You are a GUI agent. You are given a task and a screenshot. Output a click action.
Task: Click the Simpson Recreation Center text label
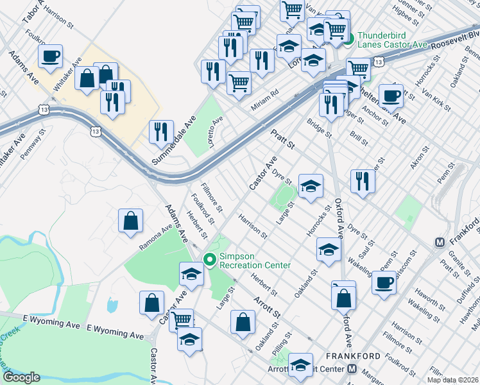[255, 261]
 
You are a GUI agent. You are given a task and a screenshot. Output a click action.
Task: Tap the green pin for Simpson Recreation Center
[210, 259]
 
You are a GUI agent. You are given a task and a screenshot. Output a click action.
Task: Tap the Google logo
[21, 377]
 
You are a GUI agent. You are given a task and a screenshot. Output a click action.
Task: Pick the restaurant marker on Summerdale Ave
[161, 132]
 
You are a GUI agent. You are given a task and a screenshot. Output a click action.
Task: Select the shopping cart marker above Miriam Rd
[239, 82]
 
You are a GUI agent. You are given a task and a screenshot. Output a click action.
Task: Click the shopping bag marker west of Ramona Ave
[130, 220]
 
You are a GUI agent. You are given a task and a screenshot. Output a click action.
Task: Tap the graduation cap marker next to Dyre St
[311, 187]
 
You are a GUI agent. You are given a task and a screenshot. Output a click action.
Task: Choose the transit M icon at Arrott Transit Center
[352, 369]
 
